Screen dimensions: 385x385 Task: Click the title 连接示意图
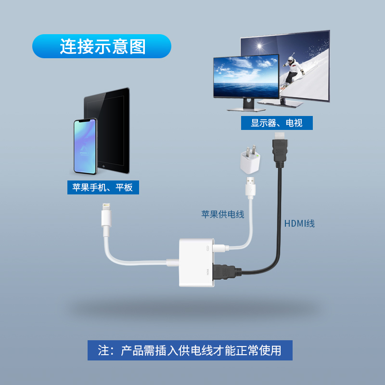click(102, 47)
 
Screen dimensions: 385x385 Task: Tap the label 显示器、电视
click(277, 123)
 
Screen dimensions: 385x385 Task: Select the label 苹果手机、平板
click(103, 187)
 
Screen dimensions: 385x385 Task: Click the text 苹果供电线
click(223, 214)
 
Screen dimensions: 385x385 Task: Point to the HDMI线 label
click(299, 223)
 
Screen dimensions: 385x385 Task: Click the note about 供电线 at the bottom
click(190, 350)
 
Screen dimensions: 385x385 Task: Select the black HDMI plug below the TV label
click(280, 151)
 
